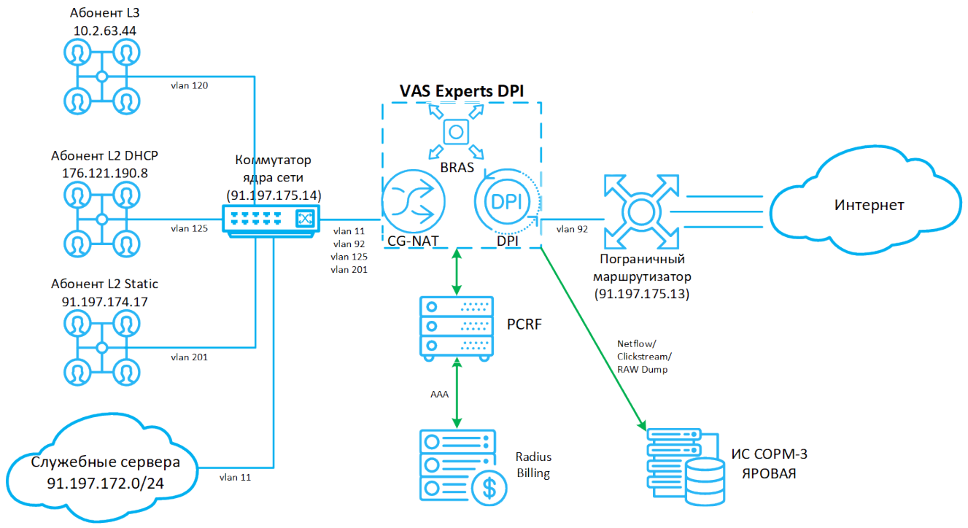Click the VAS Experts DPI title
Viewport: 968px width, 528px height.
pos(462,90)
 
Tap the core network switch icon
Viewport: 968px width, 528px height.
pos(271,218)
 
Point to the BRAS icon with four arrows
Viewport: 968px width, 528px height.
pos(457,131)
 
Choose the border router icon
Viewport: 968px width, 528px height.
pos(640,211)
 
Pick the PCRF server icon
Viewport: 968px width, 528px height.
pos(457,326)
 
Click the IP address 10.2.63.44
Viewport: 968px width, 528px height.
pos(105,31)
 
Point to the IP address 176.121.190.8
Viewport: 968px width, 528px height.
pos(105,173)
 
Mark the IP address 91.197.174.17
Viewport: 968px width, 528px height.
pos(105,300)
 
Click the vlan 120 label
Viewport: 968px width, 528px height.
pos(189,85)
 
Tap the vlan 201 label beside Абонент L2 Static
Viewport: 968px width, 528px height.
pos(189,357)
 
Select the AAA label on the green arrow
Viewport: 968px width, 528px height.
pos(439,394)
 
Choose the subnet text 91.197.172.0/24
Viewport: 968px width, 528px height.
pos(105,483)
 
